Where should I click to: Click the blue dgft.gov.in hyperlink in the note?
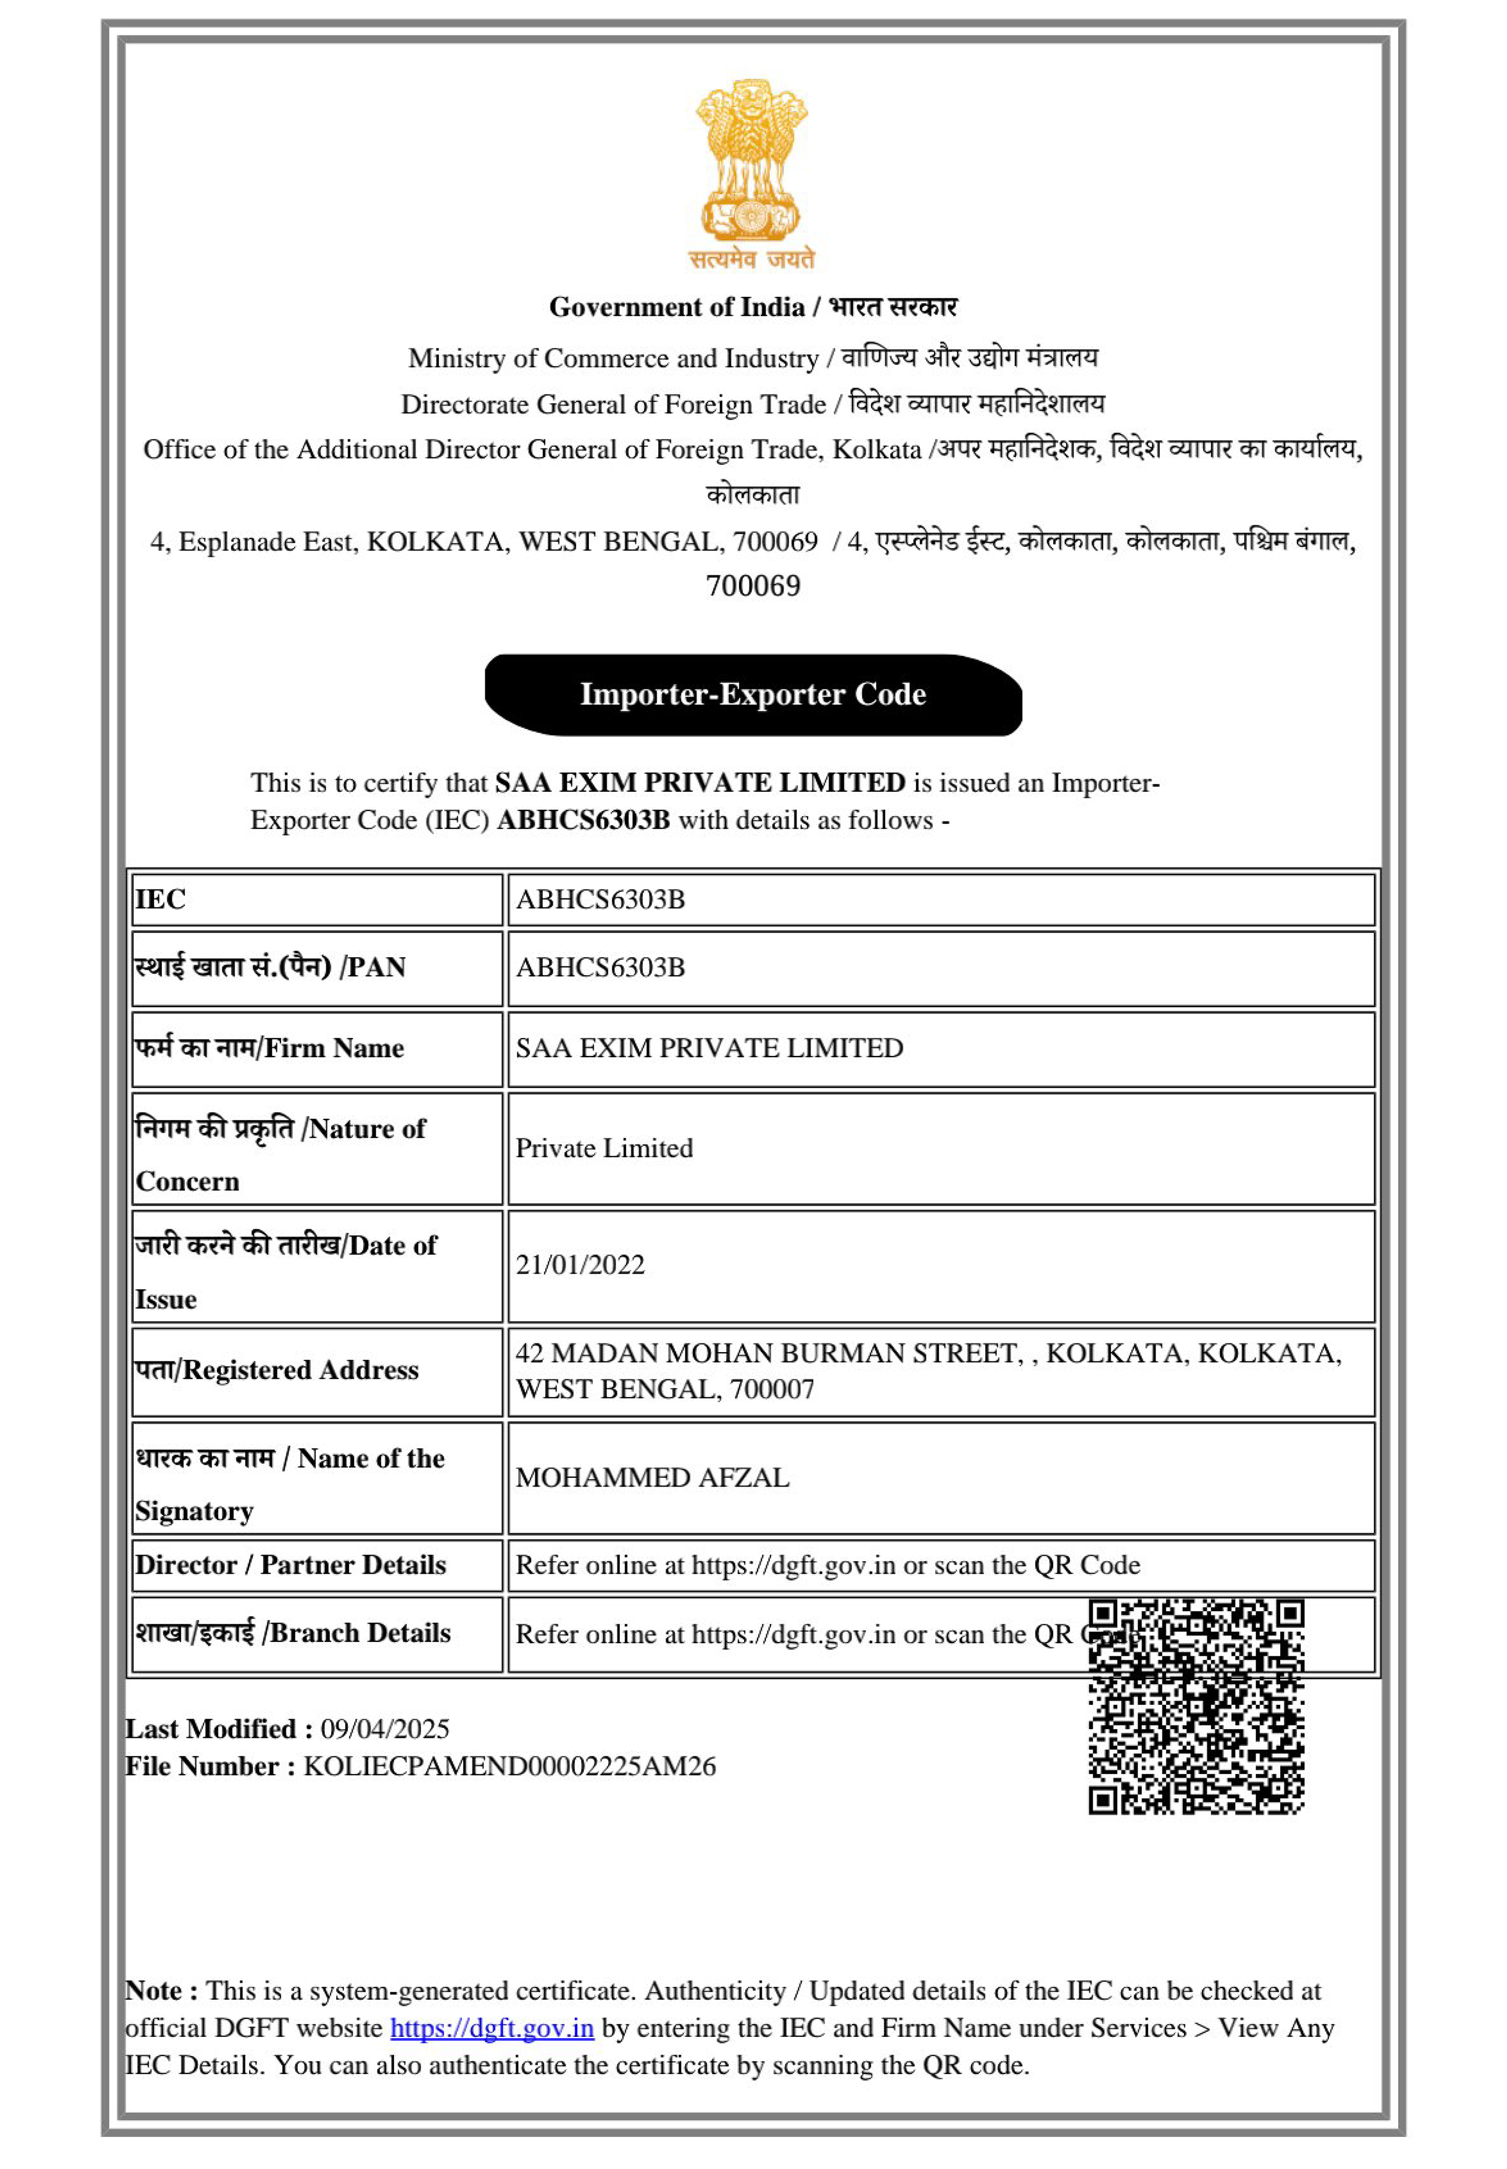(492, 2028)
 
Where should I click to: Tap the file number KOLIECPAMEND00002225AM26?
(509, 1766)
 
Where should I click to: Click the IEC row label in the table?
(161, 899)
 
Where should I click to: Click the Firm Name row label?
(269, 1048)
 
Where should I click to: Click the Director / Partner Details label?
(290, 1564)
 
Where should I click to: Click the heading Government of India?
(676, 307)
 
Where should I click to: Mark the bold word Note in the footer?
(155, 1990)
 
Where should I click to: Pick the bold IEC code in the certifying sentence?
(582, 820)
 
